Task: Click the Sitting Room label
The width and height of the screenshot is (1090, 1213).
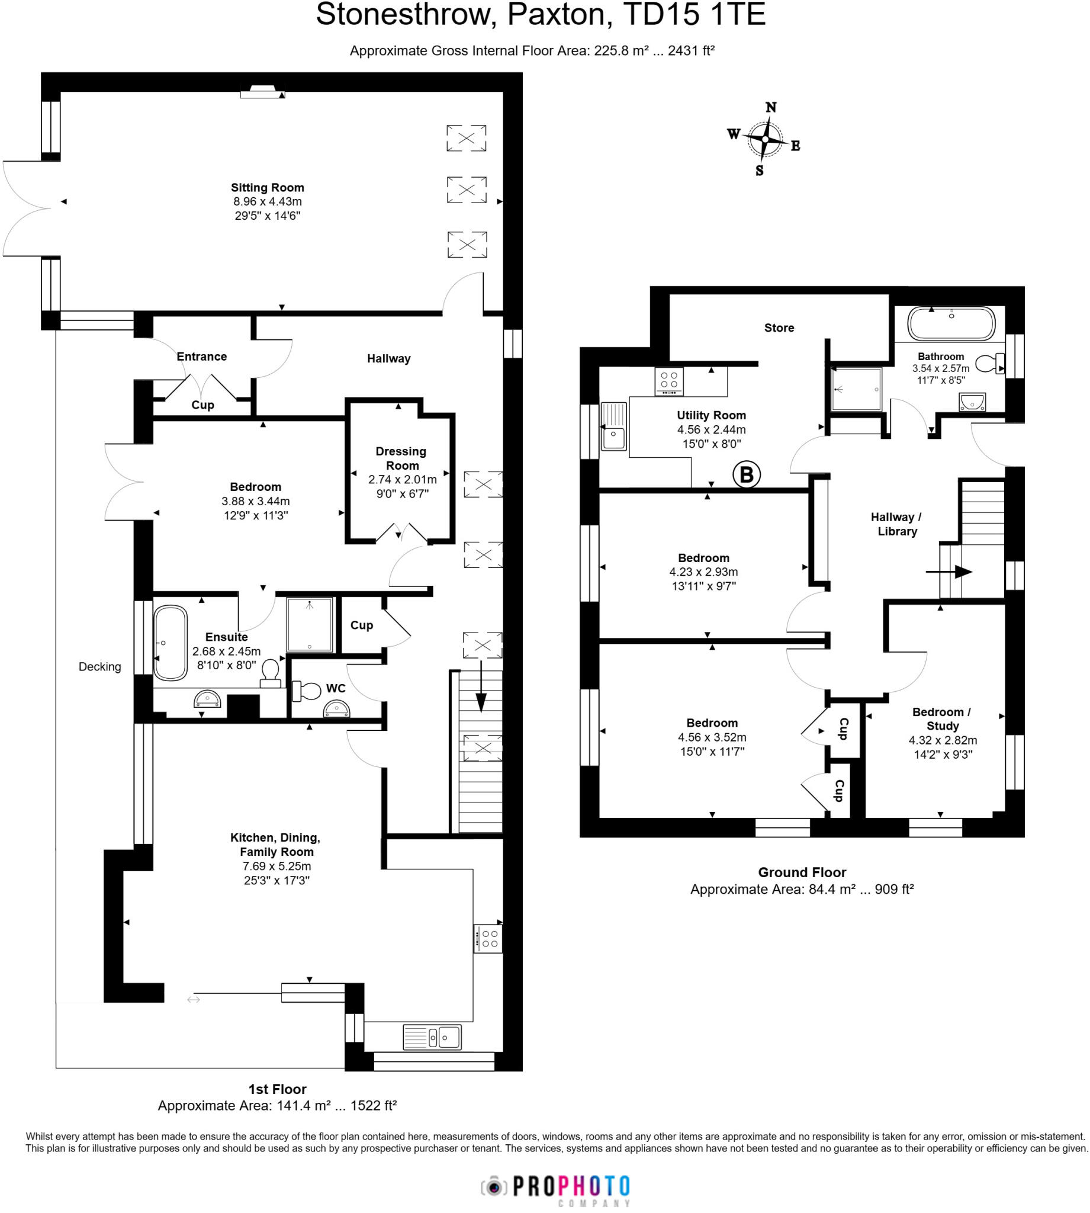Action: pyautogui.click(x=267, y=188)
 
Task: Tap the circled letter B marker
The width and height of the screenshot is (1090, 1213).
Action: pyautogui.click(x=746, y=474)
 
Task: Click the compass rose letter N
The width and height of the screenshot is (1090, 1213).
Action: pyautogui.click(x=771, y=107)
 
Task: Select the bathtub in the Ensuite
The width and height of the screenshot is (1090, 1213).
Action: pyautogui.click(x=171, y=643)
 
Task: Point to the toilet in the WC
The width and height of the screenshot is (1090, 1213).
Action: pyautogui.click(x=307, y=691)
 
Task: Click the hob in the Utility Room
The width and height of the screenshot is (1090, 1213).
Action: pyautogui.click(x=669, y=381)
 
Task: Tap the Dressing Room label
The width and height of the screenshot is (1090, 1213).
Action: pyautogui.click(x=401, y=458)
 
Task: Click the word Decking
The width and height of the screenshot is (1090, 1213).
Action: pyautogui.click(x=99, y=667)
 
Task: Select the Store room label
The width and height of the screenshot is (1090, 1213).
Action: pyautogui.click(x=779, y=328)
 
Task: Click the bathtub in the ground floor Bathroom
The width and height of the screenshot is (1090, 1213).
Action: pyautogui.click(x=951, y=324)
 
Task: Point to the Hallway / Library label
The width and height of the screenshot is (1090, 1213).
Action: pyautogui.click(x=896, y=524)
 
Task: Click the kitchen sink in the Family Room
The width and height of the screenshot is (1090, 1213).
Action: pyautogui.click(x=432, y=1037)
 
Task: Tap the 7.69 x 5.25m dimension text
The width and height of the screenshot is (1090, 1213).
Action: pyautogui.click(x=276, y=866)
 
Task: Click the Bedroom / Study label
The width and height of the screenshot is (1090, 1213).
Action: pyautogui.click(x=941, y=719)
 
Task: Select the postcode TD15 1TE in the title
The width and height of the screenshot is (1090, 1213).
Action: pyautogui.click(x=694, y=14)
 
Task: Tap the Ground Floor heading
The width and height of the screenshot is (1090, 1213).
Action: pyautogui.click(x=802, y=872)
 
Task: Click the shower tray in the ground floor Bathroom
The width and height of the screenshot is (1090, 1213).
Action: pyautogui.click(x=856, y=389)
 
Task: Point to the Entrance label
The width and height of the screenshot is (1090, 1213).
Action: pyautogui.click(x=201, y=357)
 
